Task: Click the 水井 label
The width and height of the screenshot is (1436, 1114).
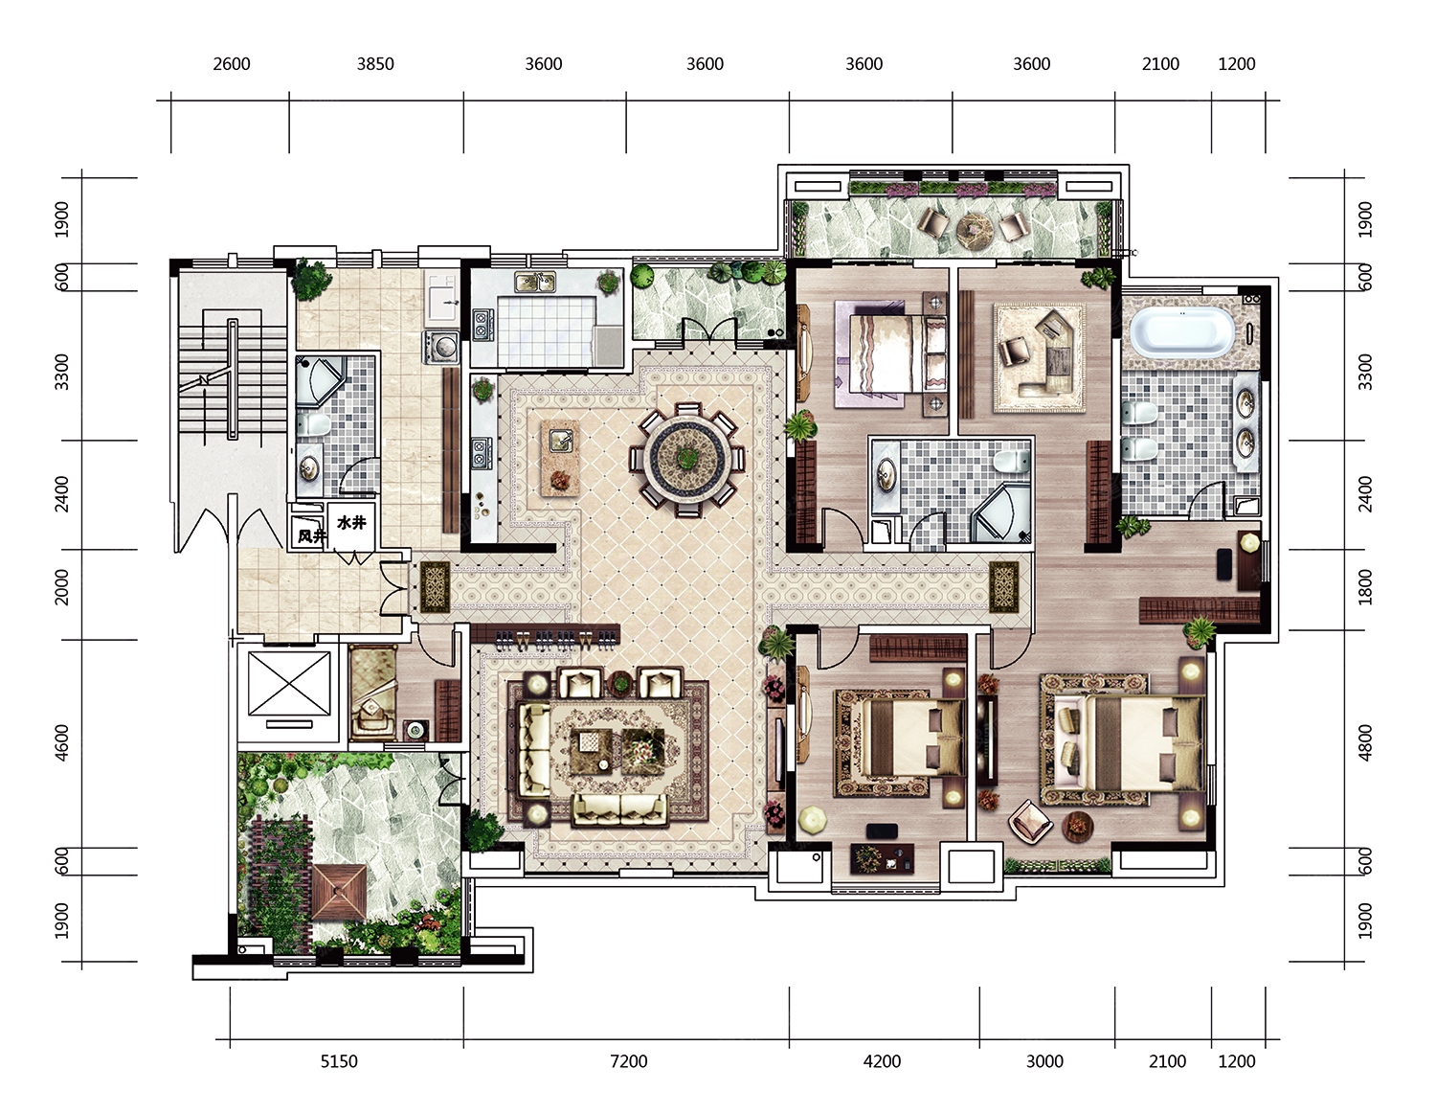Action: coord(351,523)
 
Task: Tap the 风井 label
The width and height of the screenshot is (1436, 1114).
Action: coord(311,535)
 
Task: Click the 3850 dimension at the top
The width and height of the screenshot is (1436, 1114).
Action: coord(375,64)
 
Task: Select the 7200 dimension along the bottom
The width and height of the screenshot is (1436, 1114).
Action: coord(628,1061)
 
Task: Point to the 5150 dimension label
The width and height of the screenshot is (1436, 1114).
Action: coord(339,1061)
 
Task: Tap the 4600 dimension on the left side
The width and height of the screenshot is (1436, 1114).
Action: coord(61,743)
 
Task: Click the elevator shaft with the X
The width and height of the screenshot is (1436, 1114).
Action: coord(289,684)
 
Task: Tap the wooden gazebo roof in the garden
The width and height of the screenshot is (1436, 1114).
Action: coord(338,892)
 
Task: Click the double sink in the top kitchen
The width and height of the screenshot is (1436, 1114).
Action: coord(535,283)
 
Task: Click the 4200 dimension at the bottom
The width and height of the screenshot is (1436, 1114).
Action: coord(883,1061)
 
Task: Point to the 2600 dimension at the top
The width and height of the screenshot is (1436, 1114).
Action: coord(232,64)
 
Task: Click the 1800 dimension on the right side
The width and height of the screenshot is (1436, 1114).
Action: coord(1366,587)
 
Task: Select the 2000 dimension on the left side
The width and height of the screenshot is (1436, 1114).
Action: coord(61,587)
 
